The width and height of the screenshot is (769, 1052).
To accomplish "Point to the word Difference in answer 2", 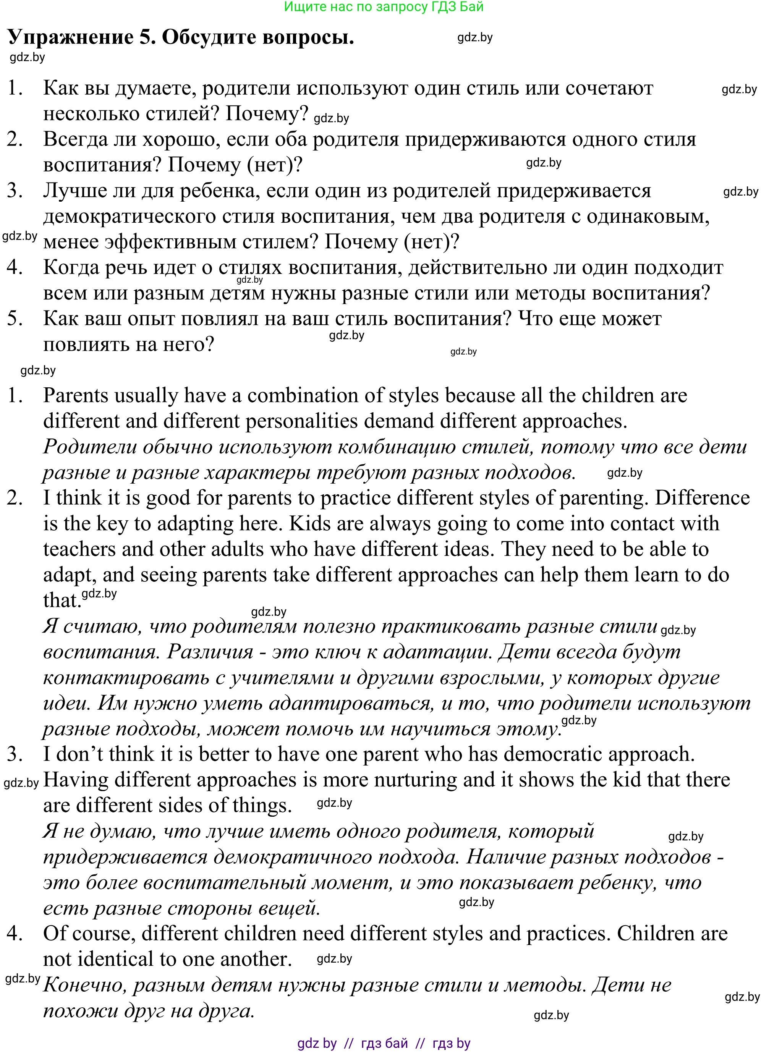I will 702,498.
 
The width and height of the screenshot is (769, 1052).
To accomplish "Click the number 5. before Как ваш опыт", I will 15,319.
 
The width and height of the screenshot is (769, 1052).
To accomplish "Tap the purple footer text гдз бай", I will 384,1043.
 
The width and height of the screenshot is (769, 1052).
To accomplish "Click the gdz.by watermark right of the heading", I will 475,38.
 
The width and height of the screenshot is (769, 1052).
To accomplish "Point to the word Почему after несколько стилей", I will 267,113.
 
